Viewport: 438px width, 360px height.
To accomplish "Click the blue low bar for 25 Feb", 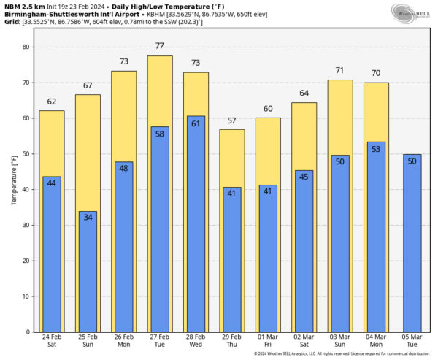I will tap(88, 274).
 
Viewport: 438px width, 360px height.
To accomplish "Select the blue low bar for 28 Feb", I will tap(196, 226).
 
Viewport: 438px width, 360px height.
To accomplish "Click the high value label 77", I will tap(159, 46).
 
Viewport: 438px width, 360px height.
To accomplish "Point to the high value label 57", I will tap(231, 120).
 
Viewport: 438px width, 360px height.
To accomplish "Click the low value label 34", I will tap(88, 217).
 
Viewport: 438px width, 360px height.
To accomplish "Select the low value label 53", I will tap(376, 149).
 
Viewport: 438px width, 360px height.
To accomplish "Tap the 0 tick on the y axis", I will tap(26, 332).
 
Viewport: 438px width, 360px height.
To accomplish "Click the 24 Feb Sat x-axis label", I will tap(52, 342).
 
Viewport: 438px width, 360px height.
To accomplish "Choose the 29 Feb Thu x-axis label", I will tap(231, 342).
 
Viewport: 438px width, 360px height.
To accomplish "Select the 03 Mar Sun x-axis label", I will tap(339, 342).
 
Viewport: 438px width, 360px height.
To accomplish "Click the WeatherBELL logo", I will tap(410, 13).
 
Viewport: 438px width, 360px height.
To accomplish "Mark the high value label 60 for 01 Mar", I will tap(268, 109).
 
